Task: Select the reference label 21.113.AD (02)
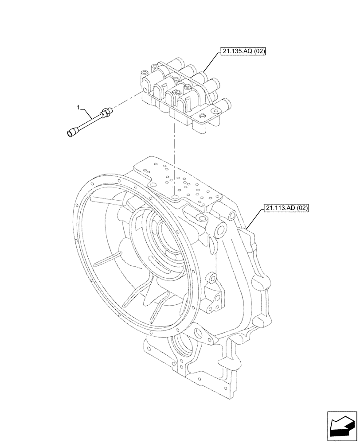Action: coord(287,207)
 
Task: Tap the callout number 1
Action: coord(78,107)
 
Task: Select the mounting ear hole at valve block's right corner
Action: coord(202,116)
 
